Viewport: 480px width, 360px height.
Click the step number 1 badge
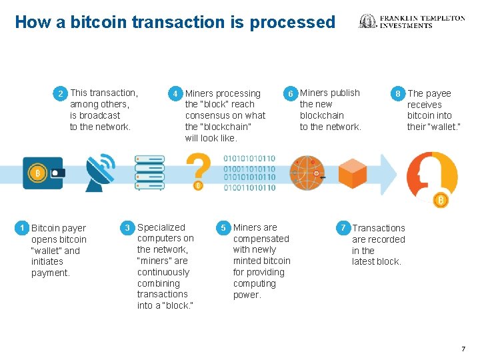point(23,228)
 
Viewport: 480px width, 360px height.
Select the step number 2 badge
point(61,93)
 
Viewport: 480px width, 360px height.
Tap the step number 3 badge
point(128,228)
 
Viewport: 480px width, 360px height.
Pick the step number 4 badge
point(175,94)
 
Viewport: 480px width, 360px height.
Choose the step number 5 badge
point(224,228)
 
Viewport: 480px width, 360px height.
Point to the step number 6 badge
point(290,94)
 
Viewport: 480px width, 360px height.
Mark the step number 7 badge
point(343,228)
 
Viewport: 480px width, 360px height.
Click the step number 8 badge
point(398,94)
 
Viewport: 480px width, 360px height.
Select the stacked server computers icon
point(149,173)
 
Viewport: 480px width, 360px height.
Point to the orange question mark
point(198,171)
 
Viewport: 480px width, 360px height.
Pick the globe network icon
point(307,173)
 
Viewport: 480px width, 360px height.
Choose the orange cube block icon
point(351,173)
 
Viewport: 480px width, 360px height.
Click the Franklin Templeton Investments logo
point(412,22)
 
